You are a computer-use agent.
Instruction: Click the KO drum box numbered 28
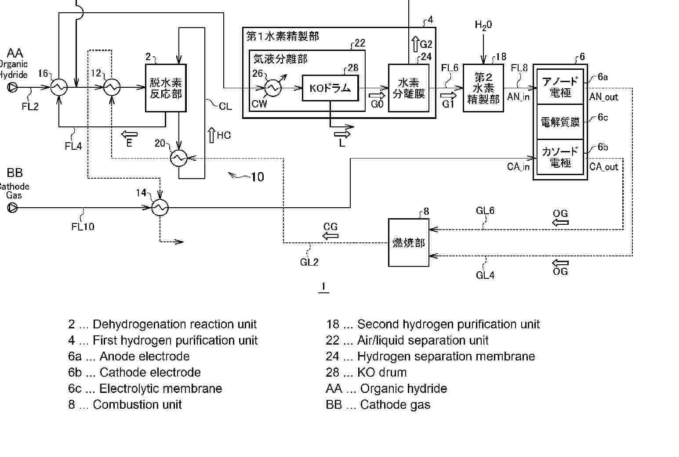pos(330,88)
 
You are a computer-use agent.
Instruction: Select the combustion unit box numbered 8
pos(409,243)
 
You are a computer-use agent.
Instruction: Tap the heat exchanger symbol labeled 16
pos(58,87)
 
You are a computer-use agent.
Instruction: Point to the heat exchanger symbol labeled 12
pos(112,87)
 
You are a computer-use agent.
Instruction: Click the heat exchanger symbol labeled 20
pos(179,158)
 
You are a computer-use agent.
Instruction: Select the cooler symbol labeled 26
pos(273,88)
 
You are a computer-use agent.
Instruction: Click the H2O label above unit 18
pos(483,25)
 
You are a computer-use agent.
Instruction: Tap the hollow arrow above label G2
pos(415,44)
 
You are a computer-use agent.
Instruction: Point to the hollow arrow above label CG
pos(330,236)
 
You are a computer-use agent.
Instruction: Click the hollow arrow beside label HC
pos(211,135)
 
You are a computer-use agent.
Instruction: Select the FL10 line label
pos(83,227)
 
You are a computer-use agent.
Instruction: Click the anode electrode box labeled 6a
pos(560,86)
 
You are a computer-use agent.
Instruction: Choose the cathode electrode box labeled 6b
pos(560,158)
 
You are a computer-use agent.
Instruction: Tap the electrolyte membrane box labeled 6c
pos(560,122)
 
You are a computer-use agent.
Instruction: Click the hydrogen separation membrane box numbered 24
pos(409,88)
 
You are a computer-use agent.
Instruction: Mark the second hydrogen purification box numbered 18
pos(483,88)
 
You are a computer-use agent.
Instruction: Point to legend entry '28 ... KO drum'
pos(366,372)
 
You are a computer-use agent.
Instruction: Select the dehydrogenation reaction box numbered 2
pos(166,88)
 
